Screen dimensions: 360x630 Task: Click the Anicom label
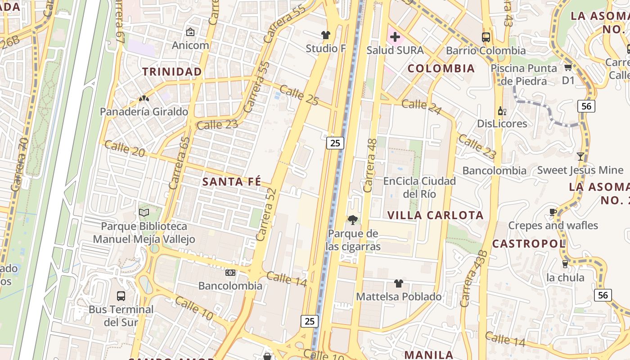190,45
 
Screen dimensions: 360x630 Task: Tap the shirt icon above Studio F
325,35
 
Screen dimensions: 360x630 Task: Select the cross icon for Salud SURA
395,37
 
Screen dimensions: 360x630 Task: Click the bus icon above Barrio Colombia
486,37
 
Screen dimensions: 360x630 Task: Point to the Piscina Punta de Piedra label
525,75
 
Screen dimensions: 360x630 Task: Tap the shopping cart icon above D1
568,67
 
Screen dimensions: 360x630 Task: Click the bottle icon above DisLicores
502,111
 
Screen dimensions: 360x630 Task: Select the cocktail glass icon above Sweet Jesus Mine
580,157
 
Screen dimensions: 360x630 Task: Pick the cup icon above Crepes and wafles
553,212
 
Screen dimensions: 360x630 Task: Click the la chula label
565,277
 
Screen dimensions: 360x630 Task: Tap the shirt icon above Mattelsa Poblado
398,283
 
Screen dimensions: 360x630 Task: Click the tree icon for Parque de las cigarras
353,220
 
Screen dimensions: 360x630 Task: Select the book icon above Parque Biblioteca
144,212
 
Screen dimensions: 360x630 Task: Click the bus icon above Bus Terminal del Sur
121,296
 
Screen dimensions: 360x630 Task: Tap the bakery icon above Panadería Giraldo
144,99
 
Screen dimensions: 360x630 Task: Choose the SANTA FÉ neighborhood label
231,181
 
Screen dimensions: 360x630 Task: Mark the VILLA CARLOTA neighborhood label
435,215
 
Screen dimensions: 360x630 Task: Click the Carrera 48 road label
370,166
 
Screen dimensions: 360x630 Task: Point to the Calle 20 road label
125,148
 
